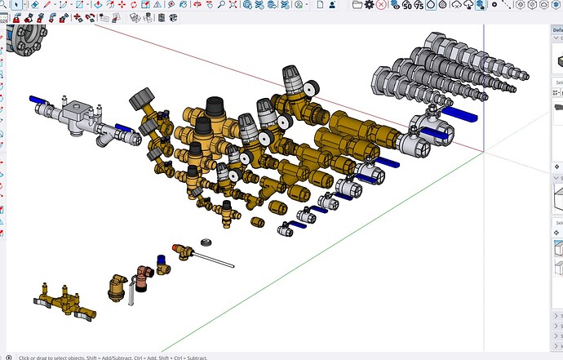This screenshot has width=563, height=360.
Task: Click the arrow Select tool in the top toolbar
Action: tap(16, 4)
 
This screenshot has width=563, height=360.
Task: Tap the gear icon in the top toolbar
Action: tap(369, 4)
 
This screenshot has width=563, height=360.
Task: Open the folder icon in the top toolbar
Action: tap(357, 4)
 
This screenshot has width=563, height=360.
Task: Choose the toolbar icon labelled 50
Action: tap(407, 5)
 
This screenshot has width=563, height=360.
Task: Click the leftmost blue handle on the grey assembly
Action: tap(40, 100)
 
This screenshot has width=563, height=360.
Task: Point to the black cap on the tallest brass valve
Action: tap(215, 104)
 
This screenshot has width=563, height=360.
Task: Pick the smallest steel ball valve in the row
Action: tap(286, 230)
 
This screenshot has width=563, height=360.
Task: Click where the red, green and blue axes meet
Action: tap(485, 152)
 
